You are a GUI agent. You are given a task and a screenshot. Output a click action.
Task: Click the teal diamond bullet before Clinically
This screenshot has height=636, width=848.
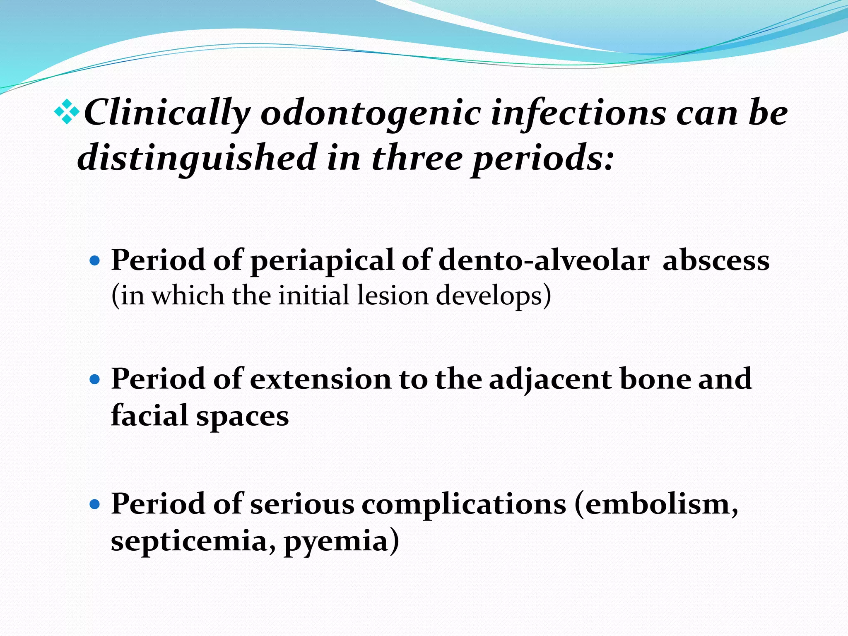pos(67,112)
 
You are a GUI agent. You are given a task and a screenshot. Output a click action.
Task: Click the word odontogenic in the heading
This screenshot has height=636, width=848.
pos(371,114)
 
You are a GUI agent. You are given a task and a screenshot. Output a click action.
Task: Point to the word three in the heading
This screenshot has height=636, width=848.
pos(417,158)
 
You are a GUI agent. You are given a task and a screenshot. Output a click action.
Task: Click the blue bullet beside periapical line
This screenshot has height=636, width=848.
pos(95,261)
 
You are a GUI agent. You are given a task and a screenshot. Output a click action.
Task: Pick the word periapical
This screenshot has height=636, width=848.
pos(322,261)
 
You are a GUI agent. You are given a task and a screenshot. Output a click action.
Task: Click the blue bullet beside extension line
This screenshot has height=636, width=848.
pos(95,379)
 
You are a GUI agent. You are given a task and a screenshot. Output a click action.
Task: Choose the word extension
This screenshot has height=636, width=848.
pos(321,379)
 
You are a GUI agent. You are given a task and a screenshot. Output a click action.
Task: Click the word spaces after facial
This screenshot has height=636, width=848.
pos(242,416)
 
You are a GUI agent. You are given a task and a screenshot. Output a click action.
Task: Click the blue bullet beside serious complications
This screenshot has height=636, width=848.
pos(95,505)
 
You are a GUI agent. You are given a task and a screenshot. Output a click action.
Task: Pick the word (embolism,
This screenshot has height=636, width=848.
pos(657,505)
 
